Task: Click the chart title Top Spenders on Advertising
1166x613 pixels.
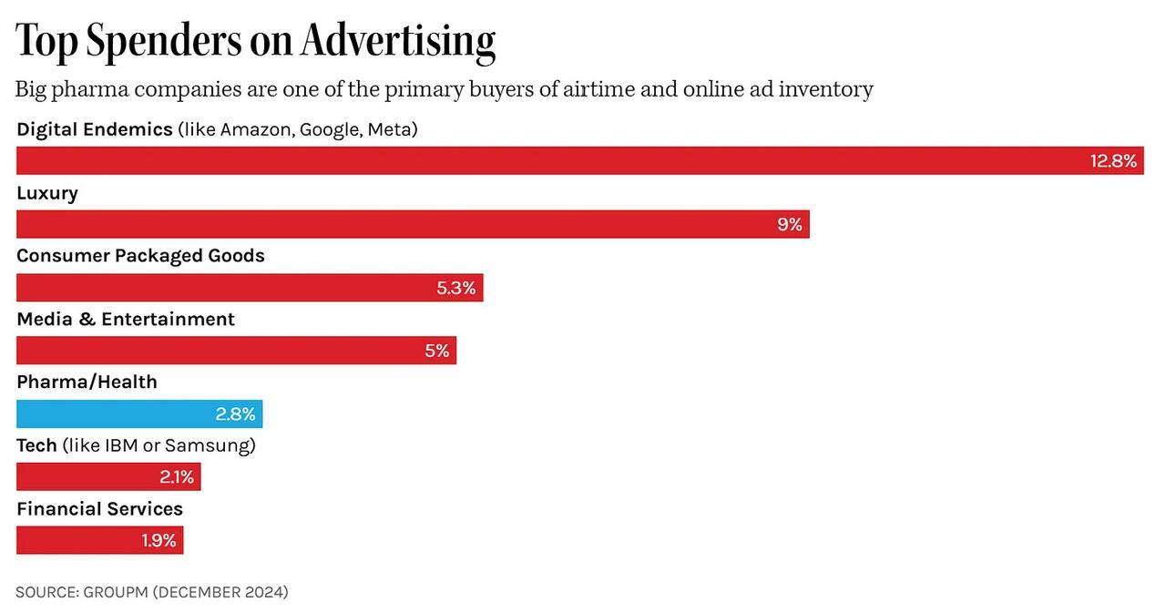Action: coord(256,40)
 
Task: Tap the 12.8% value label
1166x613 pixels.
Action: coord(1113,161)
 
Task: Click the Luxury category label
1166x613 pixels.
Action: coord(47,193)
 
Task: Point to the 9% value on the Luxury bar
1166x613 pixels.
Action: coord(789,224)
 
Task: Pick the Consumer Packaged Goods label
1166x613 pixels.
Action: coord(140,256)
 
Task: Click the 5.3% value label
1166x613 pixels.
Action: coord(455,288)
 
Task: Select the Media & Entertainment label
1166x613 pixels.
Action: coord(126,319)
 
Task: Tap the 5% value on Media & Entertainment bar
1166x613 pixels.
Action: coord(436,351)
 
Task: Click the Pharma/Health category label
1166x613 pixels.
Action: coord(87,382)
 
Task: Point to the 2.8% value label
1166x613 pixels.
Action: coord(235,414)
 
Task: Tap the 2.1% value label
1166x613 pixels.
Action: coord(177,476)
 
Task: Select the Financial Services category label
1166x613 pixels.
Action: coord(99,508)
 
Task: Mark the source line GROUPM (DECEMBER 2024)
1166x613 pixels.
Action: coord(151,592)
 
